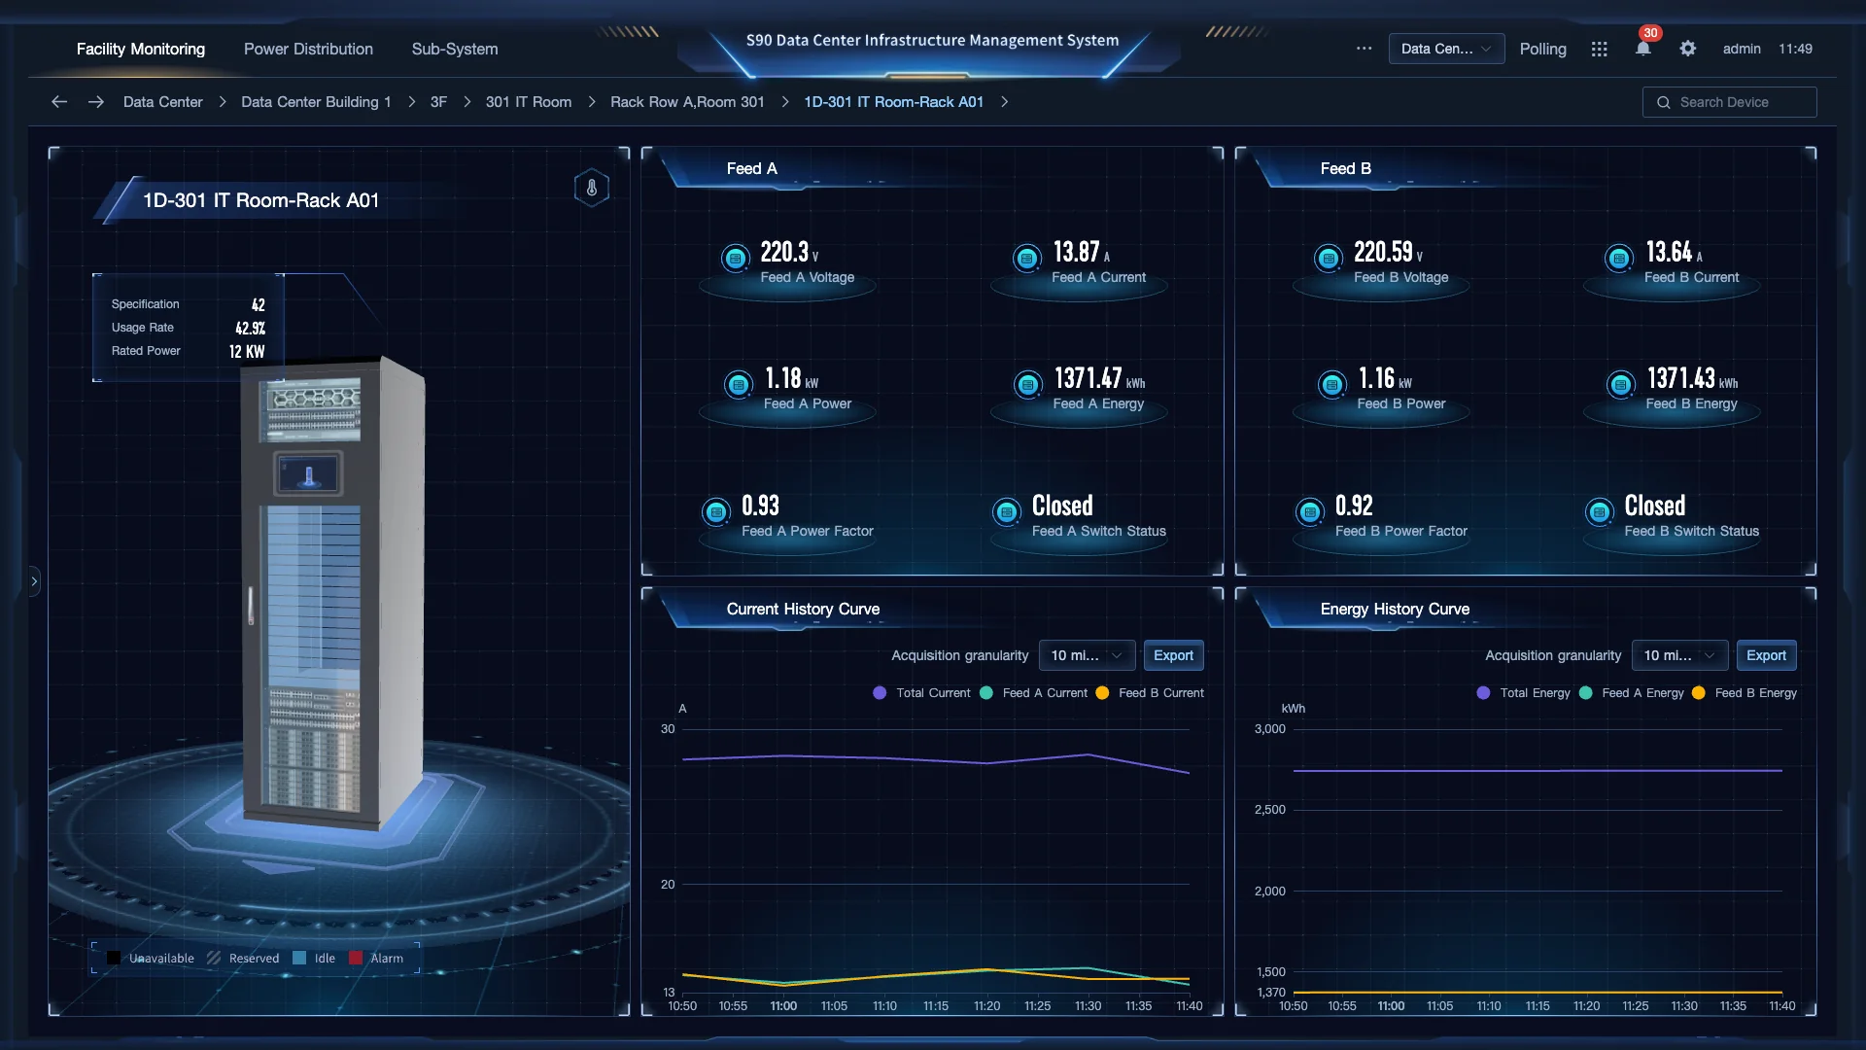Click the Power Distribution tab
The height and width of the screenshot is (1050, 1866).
[x=308, y=49]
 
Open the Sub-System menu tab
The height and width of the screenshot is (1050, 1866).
[x=454, y=49]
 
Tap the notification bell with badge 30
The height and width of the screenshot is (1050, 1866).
[x=1642, y=49]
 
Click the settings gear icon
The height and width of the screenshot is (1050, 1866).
[x=1688, y=49]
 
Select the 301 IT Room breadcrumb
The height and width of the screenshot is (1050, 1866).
[x=528, y=102]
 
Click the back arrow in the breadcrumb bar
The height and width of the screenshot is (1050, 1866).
[x=59, y=102]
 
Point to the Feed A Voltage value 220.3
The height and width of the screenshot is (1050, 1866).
[x=784, y=253]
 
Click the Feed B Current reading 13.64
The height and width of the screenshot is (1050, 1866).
[x=1669, y=253]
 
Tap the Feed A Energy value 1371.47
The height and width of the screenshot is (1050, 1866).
[x=1088, y=378]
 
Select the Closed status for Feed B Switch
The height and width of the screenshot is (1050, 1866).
[x=1654, y=506]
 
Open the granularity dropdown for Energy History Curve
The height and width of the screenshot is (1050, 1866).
[x=1678, y=655]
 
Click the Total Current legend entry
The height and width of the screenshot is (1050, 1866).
[x=922, y=693]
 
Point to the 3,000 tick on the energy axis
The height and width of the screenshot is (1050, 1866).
[x=1269, y=729]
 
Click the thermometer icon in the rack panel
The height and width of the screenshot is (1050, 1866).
[x=592, y=188]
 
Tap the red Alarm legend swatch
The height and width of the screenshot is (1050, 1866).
[x=356, y=959]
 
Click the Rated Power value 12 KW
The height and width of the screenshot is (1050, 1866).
[x=247, y=352]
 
